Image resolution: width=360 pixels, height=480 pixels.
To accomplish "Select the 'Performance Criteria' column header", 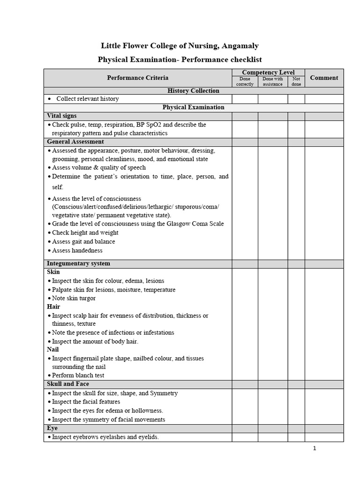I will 137,78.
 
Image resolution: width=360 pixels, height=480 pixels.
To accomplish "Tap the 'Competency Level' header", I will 268,72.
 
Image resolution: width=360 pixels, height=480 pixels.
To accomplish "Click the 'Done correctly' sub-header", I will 245,82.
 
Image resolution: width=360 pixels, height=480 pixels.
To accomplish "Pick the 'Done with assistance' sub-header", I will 272,82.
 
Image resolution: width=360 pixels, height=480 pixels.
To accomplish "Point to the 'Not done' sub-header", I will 296,82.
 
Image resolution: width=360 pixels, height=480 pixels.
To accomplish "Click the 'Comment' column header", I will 324,78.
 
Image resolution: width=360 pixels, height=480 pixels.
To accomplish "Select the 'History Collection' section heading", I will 193,90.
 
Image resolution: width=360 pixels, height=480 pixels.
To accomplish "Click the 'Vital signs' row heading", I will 62,116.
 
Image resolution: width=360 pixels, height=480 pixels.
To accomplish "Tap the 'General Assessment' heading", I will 75,142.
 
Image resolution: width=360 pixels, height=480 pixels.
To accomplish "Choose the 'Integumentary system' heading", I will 79,263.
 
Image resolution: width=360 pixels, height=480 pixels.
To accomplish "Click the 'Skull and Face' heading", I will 68,384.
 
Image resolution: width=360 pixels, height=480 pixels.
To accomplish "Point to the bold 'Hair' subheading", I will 53,307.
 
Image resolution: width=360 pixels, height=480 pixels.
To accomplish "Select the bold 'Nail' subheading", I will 53,350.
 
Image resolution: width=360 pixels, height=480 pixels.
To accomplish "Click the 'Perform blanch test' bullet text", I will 78,375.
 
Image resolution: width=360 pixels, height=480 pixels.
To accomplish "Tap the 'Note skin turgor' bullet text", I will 74,298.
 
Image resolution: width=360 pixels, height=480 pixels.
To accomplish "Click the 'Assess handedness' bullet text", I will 77,250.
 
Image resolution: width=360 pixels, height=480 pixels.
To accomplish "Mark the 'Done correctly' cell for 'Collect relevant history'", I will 245,99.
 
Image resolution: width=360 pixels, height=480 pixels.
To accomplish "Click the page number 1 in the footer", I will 315,449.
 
